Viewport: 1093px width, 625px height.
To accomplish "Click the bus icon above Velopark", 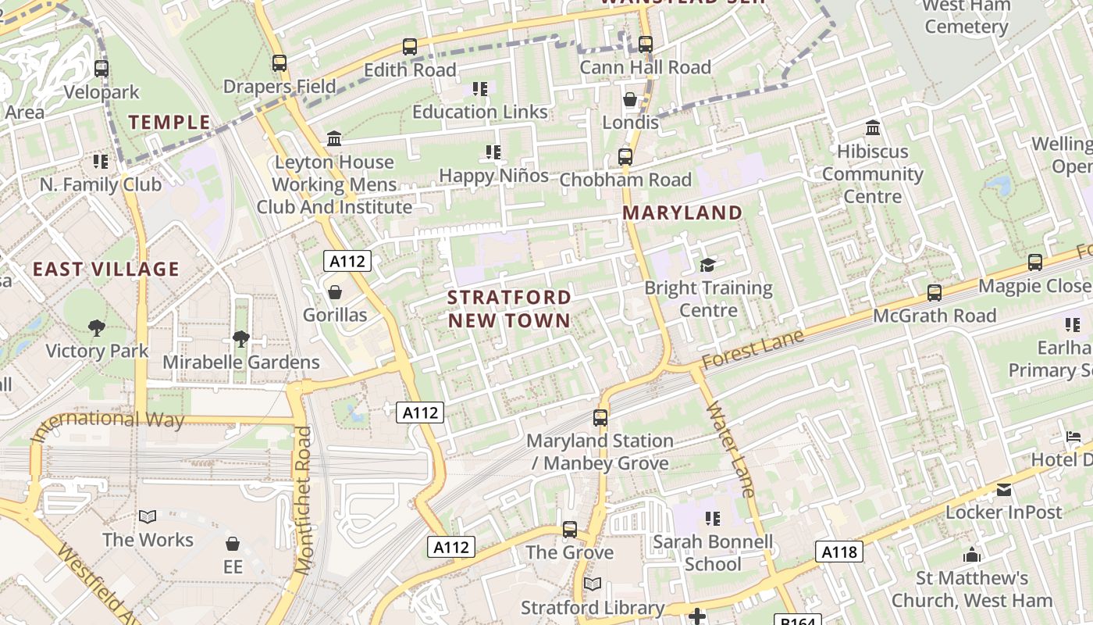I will [101, 69].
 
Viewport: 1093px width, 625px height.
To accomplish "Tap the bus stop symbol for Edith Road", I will [410, 47].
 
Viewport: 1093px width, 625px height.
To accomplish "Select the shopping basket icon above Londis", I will [629, 100].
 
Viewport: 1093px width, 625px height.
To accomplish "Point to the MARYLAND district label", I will [682, 212].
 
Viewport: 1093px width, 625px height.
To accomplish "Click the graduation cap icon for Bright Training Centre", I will [707, 266].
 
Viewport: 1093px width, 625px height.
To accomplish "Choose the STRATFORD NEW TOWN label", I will [509, 309].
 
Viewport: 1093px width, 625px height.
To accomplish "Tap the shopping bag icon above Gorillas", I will [335, 293].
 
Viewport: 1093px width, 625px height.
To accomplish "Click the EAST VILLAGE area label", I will [106, 270].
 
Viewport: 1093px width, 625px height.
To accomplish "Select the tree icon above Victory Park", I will [97, 328].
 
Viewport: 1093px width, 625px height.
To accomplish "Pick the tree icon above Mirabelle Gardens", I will [241, 339].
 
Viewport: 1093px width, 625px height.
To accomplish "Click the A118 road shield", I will [840, 552].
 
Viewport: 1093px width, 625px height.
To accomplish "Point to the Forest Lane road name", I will [753, 349].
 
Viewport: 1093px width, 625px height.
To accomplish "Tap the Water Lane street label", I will [732, 449].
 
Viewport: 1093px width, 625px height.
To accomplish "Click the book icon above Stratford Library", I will [593, 584].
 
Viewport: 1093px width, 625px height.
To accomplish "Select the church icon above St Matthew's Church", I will [972, 555].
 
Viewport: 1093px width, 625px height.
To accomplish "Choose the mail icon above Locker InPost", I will [1004, 490].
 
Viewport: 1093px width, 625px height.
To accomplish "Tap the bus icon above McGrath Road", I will [934, 293].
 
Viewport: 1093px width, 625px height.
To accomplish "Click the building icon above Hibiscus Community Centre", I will [873, 127].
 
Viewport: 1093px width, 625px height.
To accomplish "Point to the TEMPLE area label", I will [169, 122].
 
